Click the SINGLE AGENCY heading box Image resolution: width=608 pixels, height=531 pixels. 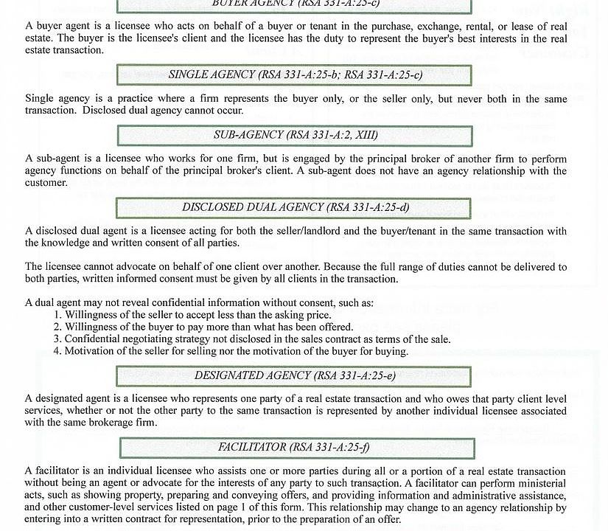coord(294,74)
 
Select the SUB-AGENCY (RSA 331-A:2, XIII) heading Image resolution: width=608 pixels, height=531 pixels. coord(294,136)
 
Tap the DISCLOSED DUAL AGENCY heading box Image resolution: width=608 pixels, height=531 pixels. coord(294,207)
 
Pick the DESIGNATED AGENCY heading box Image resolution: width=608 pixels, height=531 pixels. coord(294,375)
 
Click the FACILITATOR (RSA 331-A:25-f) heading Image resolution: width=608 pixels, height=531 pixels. coord(294,447)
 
